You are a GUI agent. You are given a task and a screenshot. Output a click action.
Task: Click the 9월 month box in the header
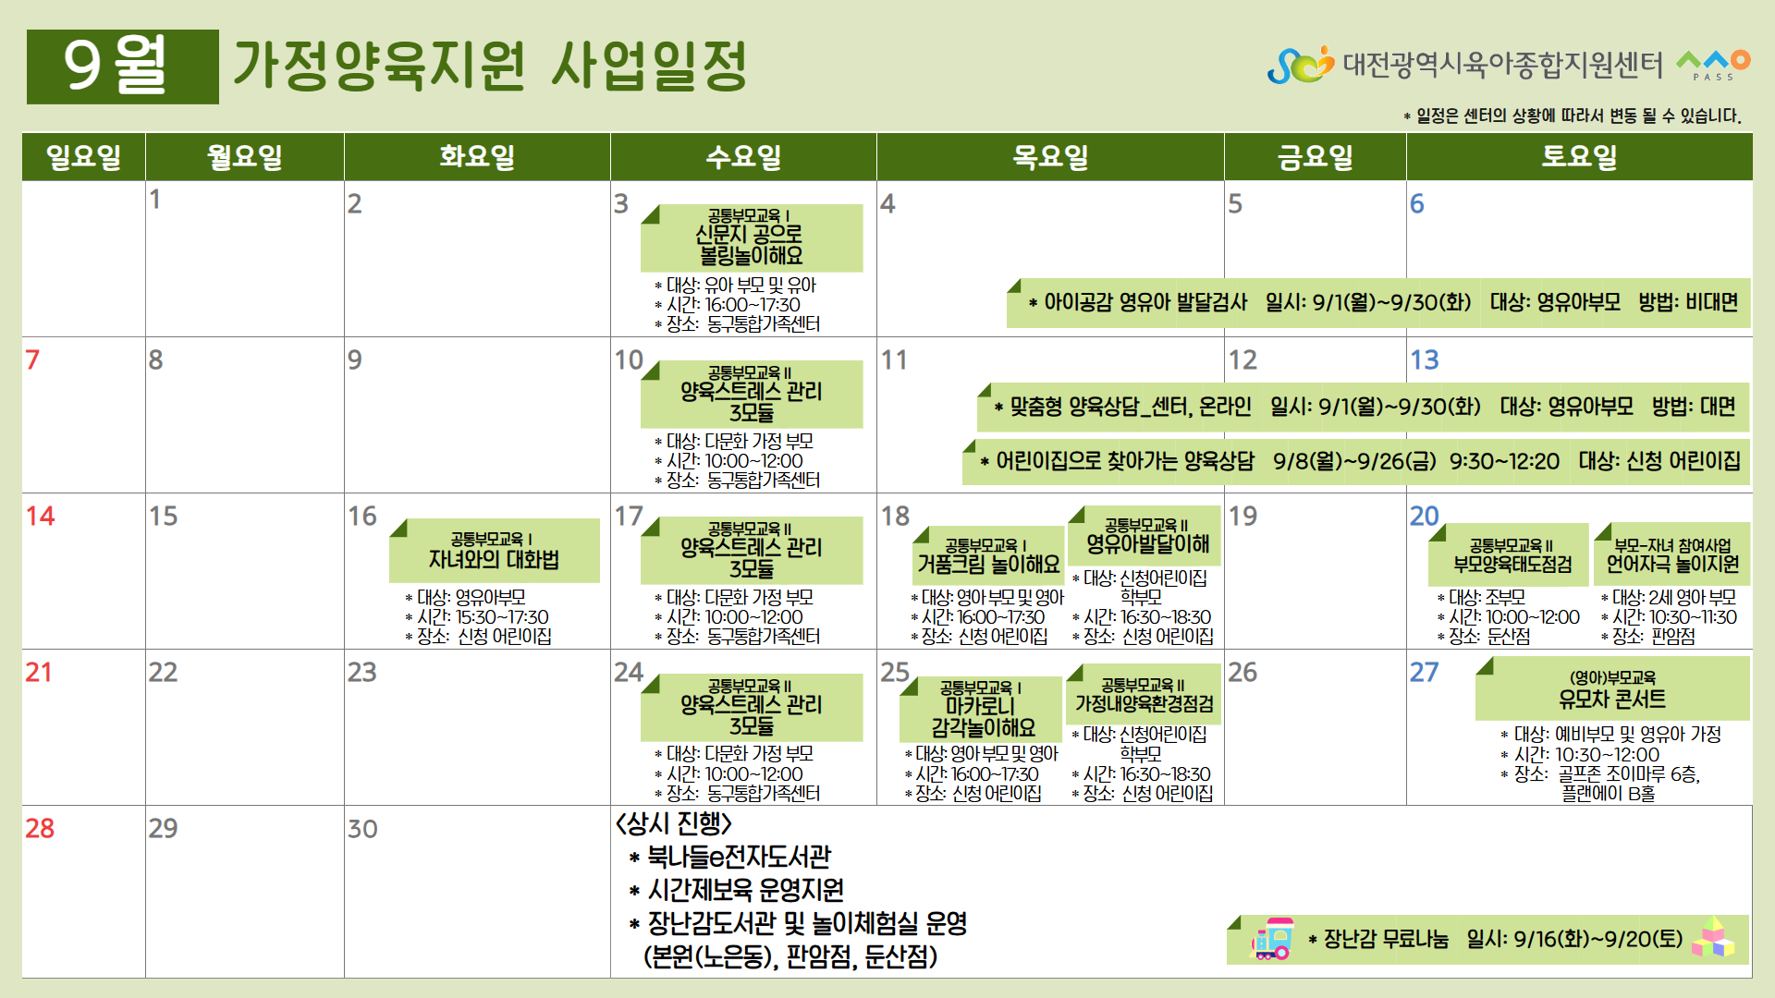point(123,67)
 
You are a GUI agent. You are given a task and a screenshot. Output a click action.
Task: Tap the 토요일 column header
point(1579,156)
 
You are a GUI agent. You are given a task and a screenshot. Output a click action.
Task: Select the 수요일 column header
point(743,156)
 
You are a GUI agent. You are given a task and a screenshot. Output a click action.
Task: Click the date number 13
point(1425,359)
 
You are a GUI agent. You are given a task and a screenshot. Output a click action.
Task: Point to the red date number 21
point(39,672)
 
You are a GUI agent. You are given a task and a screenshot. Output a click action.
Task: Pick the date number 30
point(362,829)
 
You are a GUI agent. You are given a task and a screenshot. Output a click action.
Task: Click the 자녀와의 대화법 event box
point(495,551)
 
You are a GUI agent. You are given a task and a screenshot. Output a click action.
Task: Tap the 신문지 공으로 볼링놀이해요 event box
point(752,237)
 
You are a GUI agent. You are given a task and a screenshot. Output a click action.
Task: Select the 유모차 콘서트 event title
point(1612,700)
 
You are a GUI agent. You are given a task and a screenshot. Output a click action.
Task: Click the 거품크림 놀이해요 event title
point(988,564)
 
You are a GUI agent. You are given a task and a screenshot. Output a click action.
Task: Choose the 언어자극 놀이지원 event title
point(1672,564)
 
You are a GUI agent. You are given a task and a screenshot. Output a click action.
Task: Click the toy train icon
point(1272,939)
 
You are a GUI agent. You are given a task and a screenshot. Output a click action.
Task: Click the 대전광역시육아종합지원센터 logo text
point(1502,65)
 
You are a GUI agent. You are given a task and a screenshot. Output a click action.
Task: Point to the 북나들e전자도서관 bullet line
point(730,857)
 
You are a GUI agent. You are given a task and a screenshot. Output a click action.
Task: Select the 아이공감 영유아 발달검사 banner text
point(1145,302)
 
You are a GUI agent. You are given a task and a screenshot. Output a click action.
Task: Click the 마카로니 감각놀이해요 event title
point(983,716)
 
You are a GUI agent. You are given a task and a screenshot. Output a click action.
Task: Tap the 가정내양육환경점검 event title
point(1145,704)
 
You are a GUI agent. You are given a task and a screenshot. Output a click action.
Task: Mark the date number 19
point(1242,516)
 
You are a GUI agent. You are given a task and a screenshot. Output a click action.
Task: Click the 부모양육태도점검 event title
point(1512,564)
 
